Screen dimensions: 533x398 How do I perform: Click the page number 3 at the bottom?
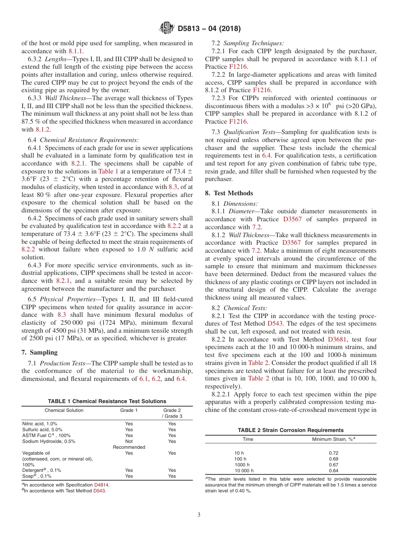coord(199,515)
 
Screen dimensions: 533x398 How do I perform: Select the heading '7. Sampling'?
coord(39,352)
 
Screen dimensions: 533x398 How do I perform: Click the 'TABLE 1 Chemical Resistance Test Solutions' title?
coord(107,401)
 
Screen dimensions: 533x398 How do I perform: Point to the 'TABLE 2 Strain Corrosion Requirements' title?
coord(290,430)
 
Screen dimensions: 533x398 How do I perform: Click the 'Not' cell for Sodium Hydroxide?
coord(129,441)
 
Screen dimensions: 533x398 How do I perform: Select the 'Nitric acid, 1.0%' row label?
coord(39,424)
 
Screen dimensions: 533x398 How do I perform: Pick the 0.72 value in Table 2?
coord(333,453)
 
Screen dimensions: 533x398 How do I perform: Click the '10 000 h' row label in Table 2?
coord(244,471)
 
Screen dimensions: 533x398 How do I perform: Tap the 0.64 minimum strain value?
coord(333,471)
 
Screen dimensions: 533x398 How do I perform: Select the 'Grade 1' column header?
coord(129,410)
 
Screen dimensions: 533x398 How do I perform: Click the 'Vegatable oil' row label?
coord(36,453)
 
